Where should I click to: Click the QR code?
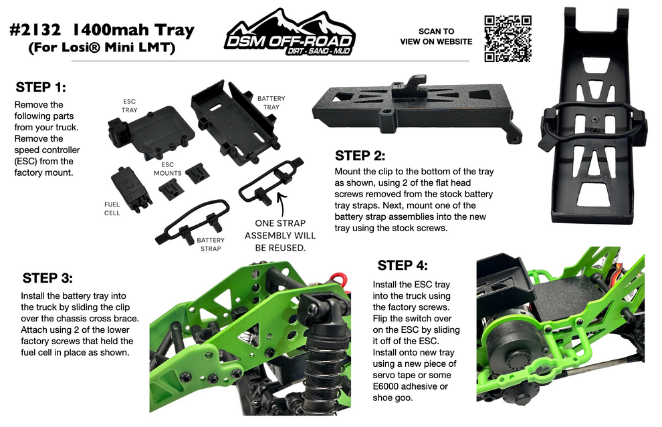tap(507, 38)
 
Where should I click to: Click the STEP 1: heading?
tap(41, 88)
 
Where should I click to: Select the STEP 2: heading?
tap(360, 156)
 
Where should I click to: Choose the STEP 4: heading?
tap(402, 265)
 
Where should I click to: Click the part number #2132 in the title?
tap(37, 30)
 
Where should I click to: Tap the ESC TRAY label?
tap(129, 106)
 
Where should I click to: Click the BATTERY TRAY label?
tap(271, 102)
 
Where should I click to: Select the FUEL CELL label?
tap(112, 208)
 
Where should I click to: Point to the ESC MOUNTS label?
tap(167, 168)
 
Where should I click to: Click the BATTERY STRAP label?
tap(211, 243)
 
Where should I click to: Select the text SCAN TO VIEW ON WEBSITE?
tap(435, 36)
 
